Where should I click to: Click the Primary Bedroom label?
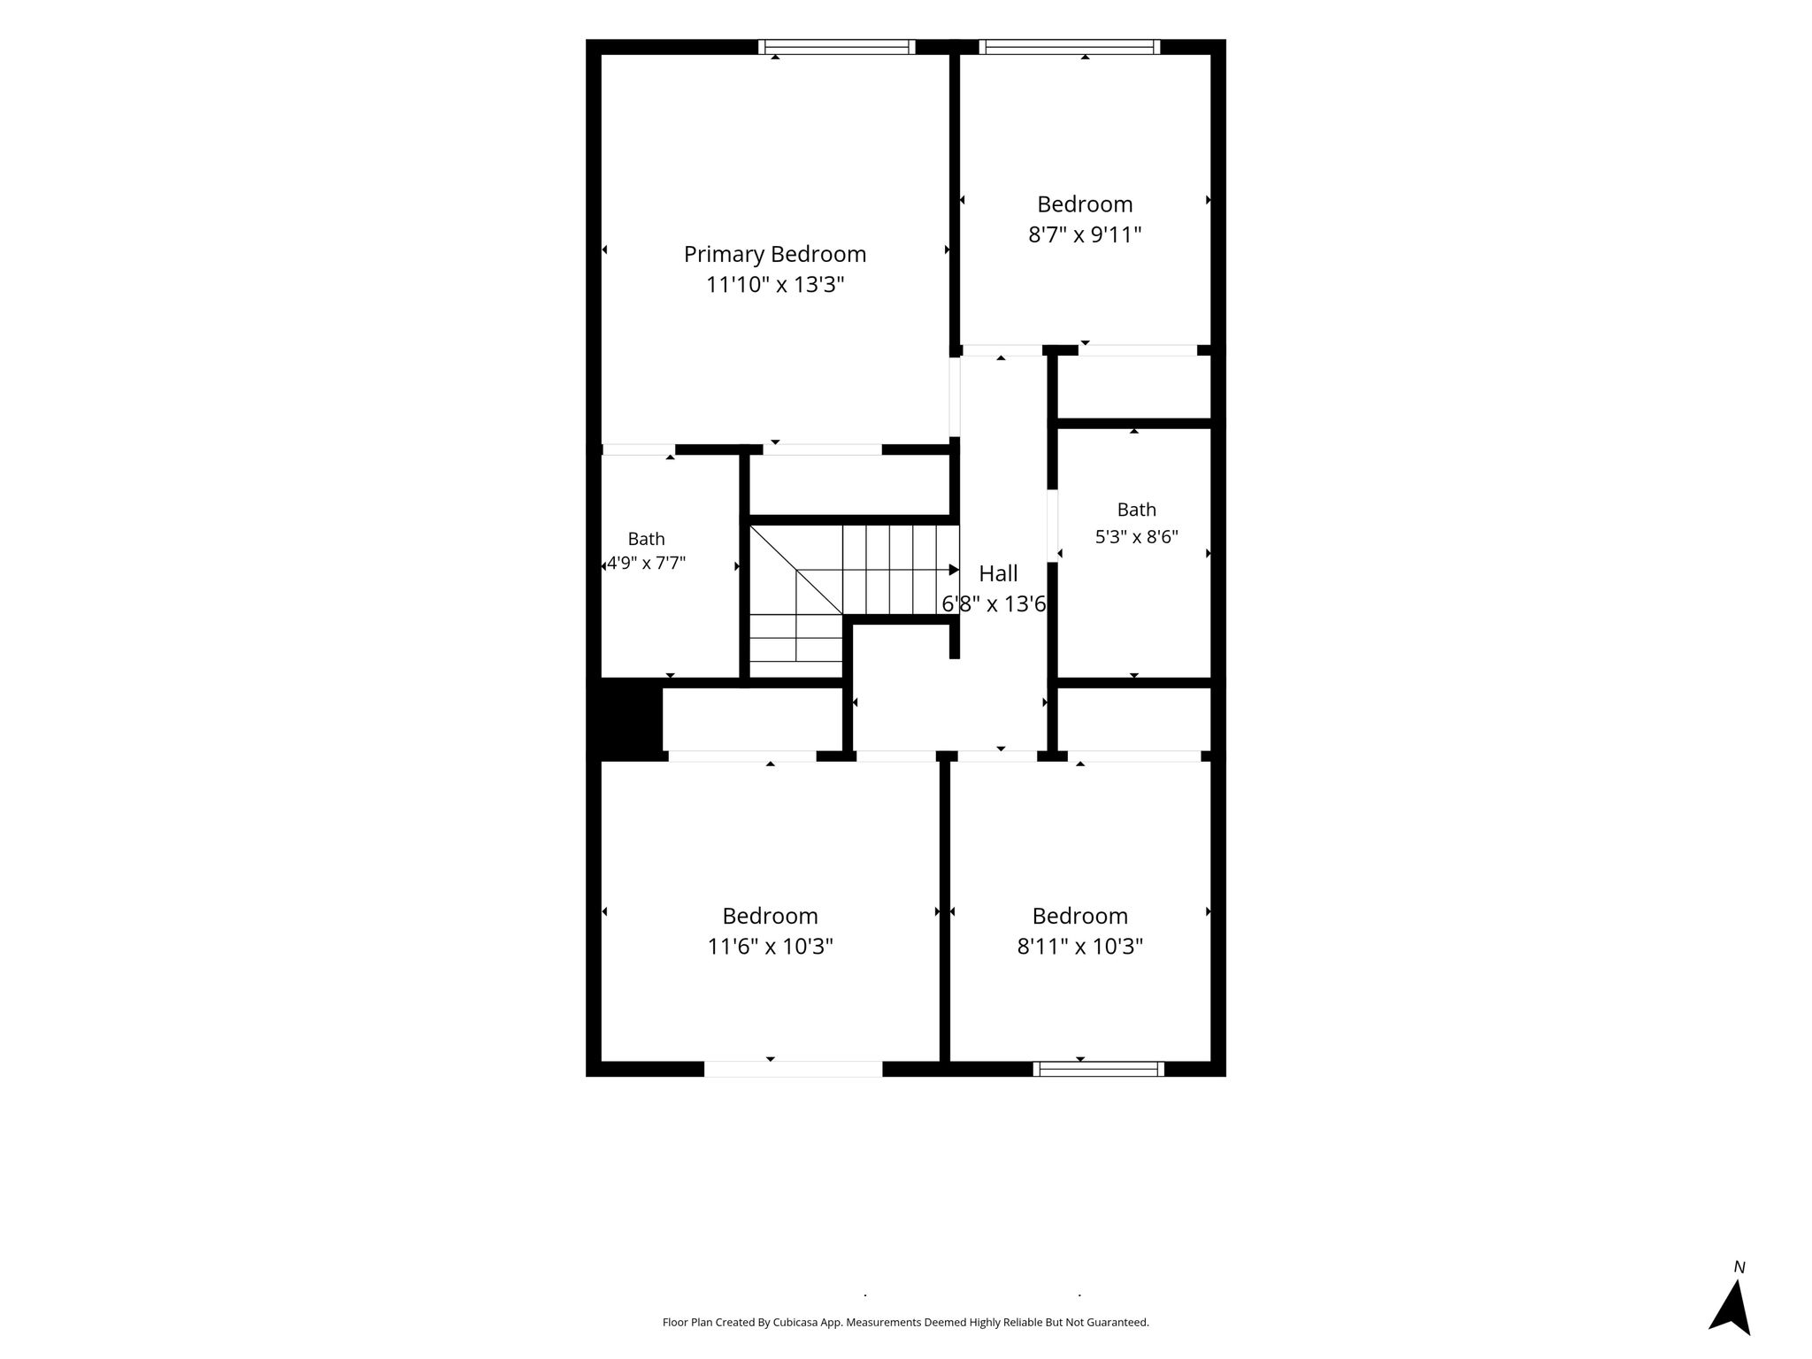775,255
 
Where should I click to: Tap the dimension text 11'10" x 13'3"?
775,285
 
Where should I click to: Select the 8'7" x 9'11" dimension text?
1085,235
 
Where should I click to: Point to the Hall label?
998,573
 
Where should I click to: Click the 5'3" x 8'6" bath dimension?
1137,537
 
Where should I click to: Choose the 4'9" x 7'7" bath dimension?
646,564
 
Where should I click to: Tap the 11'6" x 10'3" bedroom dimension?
770,947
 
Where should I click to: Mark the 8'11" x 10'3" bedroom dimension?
1080,947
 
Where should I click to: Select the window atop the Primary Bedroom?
836,47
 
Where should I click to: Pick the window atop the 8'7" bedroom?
1069,47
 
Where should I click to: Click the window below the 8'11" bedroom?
1098,1069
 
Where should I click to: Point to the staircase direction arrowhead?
954,570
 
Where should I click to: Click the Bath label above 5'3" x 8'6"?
1137,510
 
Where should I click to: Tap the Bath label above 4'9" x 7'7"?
647,539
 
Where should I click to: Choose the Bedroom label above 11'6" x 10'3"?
770,916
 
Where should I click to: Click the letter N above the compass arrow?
1739,1268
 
